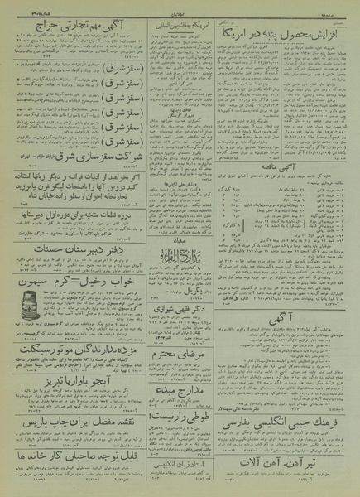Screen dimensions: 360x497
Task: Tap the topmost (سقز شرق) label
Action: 149,65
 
